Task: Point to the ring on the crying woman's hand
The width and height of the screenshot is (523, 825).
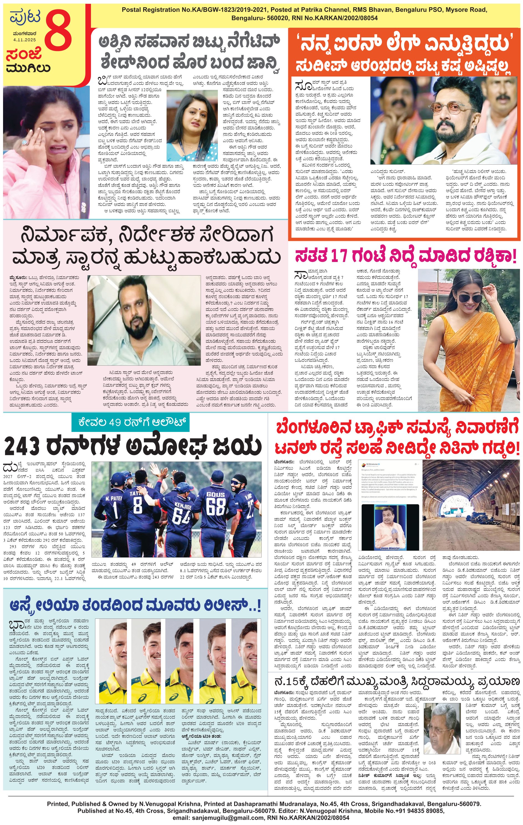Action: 25,142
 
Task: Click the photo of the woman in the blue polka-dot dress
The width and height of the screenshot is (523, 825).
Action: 192,125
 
